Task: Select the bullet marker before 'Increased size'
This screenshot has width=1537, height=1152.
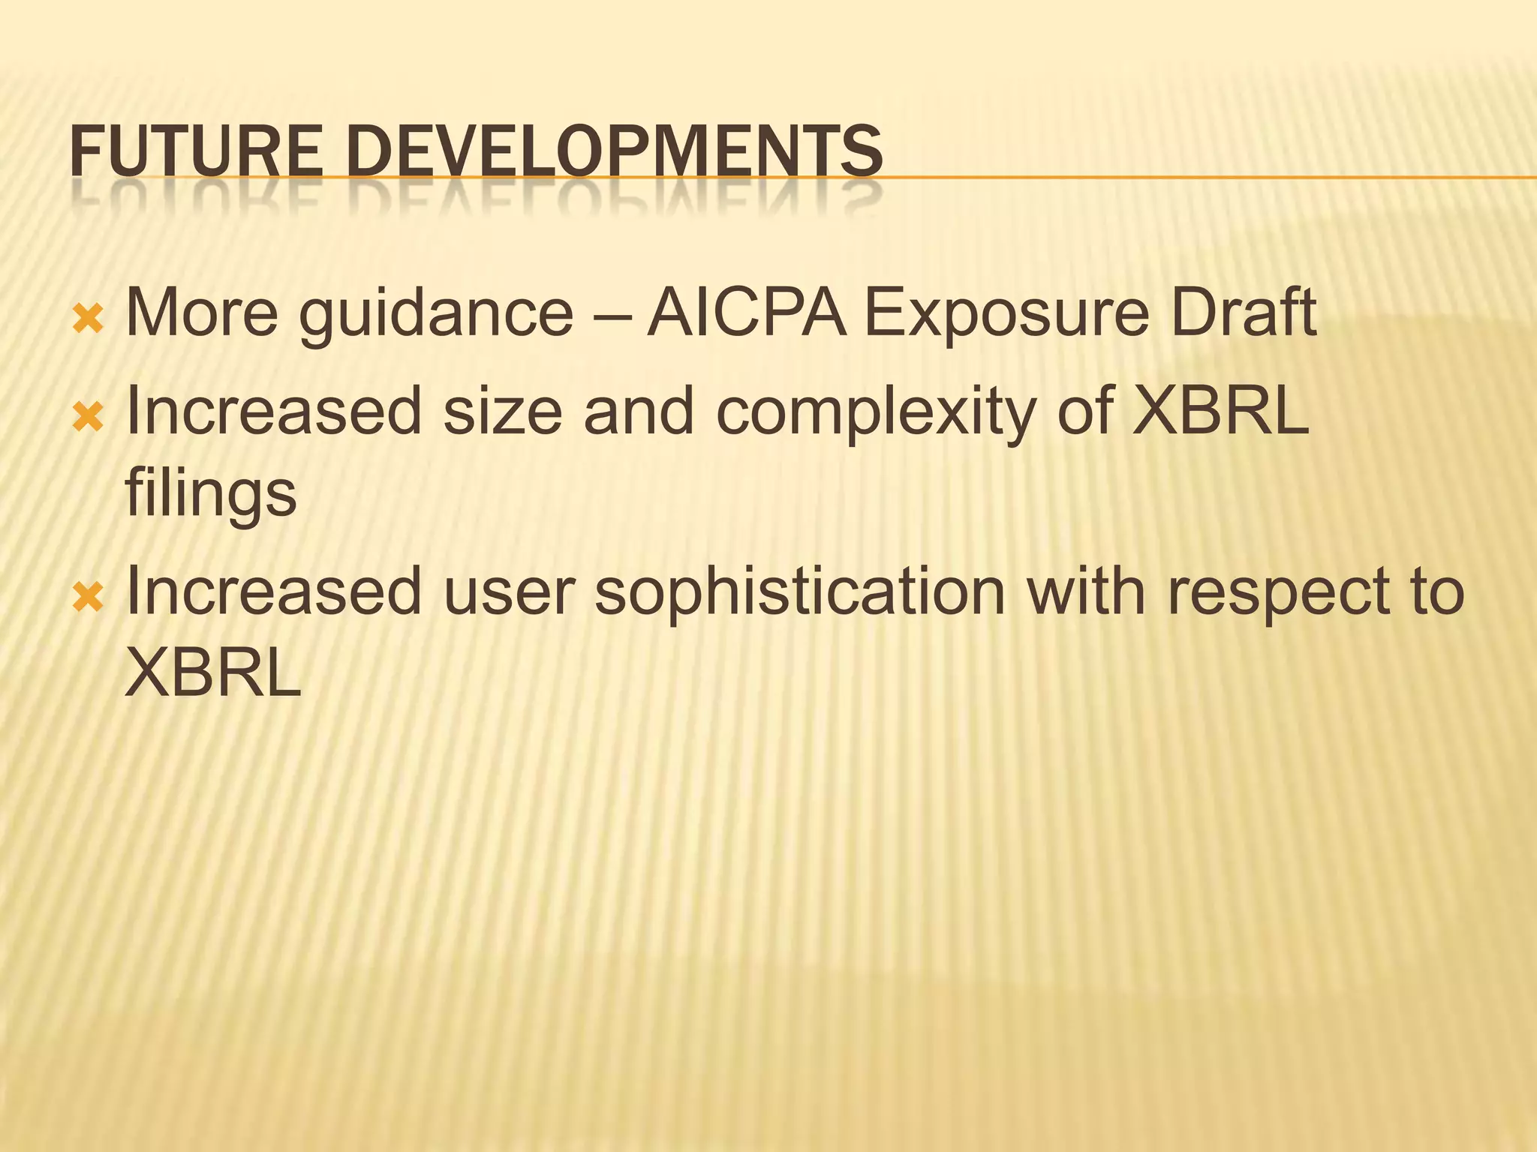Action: point(88,418)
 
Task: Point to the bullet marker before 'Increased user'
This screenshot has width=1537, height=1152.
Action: point(88,598)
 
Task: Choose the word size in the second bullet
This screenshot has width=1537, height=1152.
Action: point(502,411)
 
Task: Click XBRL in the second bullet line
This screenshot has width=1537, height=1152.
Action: point(1220,411)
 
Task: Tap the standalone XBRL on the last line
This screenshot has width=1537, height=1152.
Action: point(212,672)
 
